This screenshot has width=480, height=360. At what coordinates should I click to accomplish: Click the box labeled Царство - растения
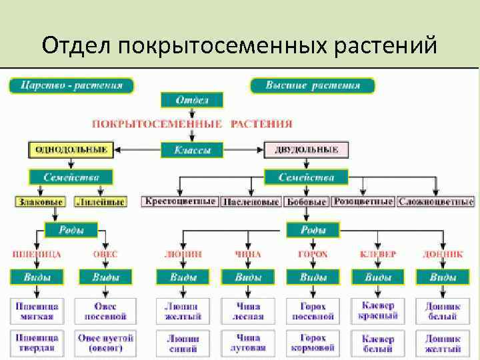(71, 85)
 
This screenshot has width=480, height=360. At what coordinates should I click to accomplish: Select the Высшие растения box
(312, 85)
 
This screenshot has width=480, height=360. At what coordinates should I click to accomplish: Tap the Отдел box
(192, 101)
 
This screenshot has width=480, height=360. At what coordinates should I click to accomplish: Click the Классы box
(192, 150)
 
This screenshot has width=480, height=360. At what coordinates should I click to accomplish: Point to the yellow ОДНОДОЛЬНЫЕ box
(71, 149)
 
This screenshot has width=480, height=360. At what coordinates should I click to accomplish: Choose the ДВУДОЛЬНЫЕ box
(306, 150)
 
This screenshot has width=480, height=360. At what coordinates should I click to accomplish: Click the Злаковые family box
(41, 201)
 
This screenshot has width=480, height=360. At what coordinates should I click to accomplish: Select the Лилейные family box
(100, 201)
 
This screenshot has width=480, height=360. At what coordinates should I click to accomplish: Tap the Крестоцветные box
(180, 201)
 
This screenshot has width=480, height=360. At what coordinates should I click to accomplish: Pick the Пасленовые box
(251, 201)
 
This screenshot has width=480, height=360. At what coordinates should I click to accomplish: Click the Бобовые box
(306, 201)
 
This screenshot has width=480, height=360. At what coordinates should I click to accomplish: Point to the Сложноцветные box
(436, 201)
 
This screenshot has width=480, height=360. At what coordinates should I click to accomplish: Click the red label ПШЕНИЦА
(37, 254)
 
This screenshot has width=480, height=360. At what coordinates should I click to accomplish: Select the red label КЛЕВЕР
(378, 254)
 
